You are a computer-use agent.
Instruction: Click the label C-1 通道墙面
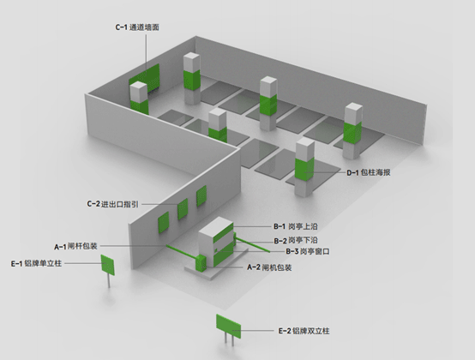point(137,27)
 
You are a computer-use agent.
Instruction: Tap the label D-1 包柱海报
point(369,172)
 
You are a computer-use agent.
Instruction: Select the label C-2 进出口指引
point(112,204)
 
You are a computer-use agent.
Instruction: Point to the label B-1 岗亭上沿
point(296,226)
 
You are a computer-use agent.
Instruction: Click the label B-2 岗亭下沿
point(296,241)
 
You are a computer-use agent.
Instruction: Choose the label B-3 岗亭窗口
point(308,252)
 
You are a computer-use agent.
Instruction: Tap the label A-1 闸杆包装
point(75,247)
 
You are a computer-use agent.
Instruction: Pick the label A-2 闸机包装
point(269,267)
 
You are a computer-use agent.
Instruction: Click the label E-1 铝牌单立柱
point(36,264)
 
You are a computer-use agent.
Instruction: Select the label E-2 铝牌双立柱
point(304,331)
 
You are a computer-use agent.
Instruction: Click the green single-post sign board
point(107,265)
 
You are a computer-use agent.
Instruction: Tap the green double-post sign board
point(228,326)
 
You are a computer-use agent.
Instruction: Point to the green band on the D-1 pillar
point(304,170)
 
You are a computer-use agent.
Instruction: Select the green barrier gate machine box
point(201,263)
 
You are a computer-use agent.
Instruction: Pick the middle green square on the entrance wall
point(183,209)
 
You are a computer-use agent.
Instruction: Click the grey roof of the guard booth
point(215,226)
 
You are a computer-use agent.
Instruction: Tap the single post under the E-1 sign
point(109,281)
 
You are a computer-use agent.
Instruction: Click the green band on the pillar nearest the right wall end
point(352,133)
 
